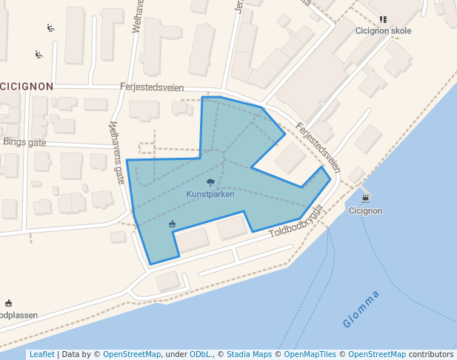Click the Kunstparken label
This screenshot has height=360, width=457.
(x=210, y=194)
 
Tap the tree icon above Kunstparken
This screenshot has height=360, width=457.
(x=210, y=182)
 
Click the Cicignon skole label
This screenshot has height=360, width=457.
(x=383, y=31)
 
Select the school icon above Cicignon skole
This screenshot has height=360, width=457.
(x=383, y=20)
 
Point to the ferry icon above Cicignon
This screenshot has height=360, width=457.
(x=365, y=199)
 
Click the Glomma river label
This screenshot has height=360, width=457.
(x=361, y=310)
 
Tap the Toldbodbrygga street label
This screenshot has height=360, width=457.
(x=296, y=221)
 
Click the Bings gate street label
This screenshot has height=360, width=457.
(x=24, y=141)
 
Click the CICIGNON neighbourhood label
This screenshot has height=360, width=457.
(x=27, y=86)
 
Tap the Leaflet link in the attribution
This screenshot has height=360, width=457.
(x=41, y=354)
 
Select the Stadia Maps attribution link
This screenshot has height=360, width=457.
(x=249, y=354)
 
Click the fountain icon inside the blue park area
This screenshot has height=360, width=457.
(x=173, y=224)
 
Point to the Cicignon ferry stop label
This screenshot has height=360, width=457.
(x=365, y=210)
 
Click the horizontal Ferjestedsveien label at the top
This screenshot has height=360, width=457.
(x=152, y=87)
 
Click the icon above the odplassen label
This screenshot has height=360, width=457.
(x=9, y=303)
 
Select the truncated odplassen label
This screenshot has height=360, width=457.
(x=19, y=315)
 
